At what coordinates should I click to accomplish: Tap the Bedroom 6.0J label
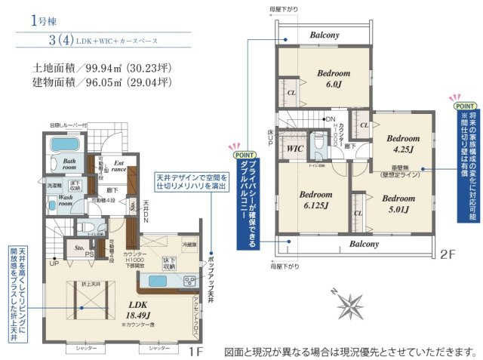(x=333, y=78)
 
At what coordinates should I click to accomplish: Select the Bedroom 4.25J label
(x=402, y=144)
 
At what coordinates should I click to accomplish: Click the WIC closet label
(x=295, y=149)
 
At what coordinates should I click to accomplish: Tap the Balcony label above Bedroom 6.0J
(x=323, y=35)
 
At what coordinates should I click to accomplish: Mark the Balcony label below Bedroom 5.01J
(x=365, y=245)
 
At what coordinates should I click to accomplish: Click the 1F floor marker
(x=195, y=351)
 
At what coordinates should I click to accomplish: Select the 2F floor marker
(x=448, y=255)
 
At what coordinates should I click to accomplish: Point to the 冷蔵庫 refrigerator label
(x=189, y=245)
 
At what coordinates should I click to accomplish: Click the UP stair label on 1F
(x=54, y=263)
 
